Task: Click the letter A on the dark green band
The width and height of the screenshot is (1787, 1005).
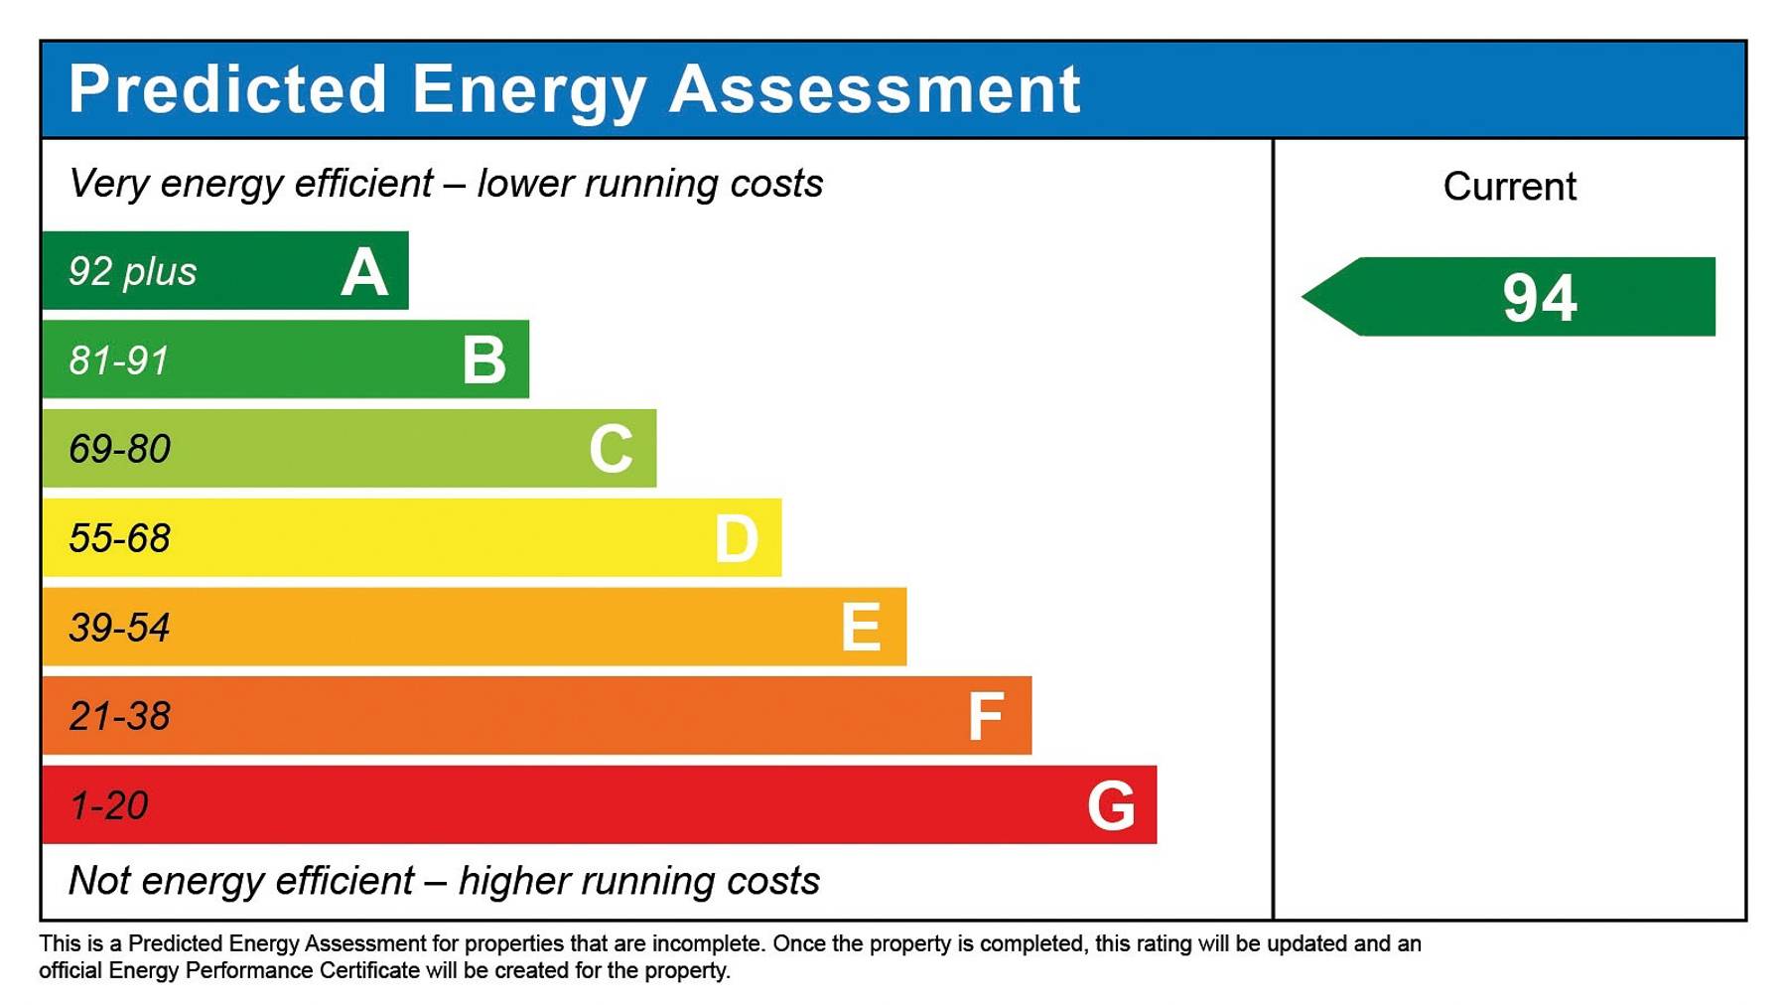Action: coord(364,272)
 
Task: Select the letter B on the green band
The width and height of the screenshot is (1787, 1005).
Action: coord(484,359)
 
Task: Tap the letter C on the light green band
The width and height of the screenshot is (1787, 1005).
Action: coord(611,449)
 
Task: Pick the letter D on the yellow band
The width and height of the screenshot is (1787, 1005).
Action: coord(737,539)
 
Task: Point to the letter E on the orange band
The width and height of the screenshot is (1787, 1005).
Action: coord(861,628)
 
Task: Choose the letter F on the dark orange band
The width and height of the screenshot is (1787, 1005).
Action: coord(986,717)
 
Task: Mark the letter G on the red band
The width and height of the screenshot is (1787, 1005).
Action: coord(1111,805)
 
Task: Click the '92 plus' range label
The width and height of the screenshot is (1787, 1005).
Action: coord(133,272)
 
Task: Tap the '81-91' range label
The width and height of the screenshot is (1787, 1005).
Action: coord(119,360)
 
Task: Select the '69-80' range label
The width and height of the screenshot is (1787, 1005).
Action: coord(120,450)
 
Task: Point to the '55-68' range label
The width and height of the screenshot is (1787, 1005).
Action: coord(120,538)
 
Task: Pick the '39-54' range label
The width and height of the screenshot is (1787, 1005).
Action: coord(120,628)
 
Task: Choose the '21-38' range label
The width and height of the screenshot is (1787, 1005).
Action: coord(120,716)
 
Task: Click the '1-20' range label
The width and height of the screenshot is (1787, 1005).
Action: coord(109,805)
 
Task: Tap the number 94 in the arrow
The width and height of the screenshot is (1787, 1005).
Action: coord(1539,298)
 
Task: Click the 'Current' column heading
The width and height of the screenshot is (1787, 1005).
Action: coord(1509,187)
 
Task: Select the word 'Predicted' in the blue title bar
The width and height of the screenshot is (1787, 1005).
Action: coord(227,89)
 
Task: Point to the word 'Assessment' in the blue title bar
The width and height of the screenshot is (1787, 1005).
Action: coord(875,89)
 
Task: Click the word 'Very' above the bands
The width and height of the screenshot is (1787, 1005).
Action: coord(108,184)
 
